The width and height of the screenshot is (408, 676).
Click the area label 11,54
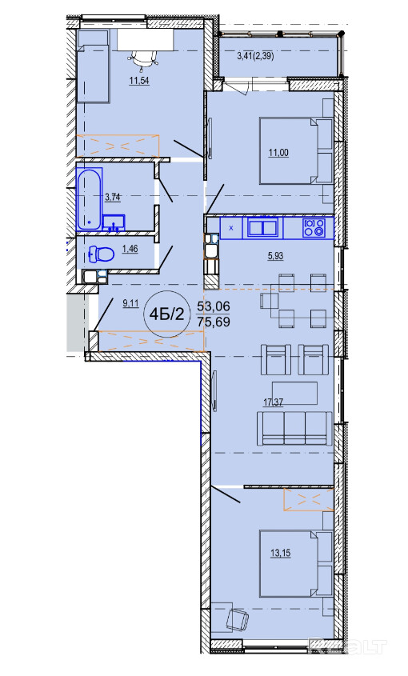pos(139,80)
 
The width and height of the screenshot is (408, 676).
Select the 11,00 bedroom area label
pos(278,152)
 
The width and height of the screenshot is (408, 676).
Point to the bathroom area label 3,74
pos(113,198)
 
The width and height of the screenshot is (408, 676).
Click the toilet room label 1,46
pos(130,249)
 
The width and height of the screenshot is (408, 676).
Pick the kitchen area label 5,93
pos(275,256)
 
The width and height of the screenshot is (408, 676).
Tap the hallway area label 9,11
pos(130,303)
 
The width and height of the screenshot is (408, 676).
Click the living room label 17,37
pos(274,402)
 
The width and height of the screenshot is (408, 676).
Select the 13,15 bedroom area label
pos(281,553)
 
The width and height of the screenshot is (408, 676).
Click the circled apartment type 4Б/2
pos(166,314)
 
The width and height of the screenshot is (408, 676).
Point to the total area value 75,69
pos(214,322)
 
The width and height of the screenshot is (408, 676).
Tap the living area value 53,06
pos(214,306)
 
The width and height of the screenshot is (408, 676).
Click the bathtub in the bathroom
pos(90,198)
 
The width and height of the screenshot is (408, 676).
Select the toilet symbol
pos(102,254)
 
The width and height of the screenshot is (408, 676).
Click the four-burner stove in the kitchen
pos(314,228)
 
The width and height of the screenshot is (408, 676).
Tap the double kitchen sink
pos(262,227)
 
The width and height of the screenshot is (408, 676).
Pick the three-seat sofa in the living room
pos(294,428)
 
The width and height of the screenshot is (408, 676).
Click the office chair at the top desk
pos(142,58)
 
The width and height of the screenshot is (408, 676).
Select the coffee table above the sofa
pos(294,393)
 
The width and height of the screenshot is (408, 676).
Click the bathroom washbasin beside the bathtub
pos(114,222)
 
